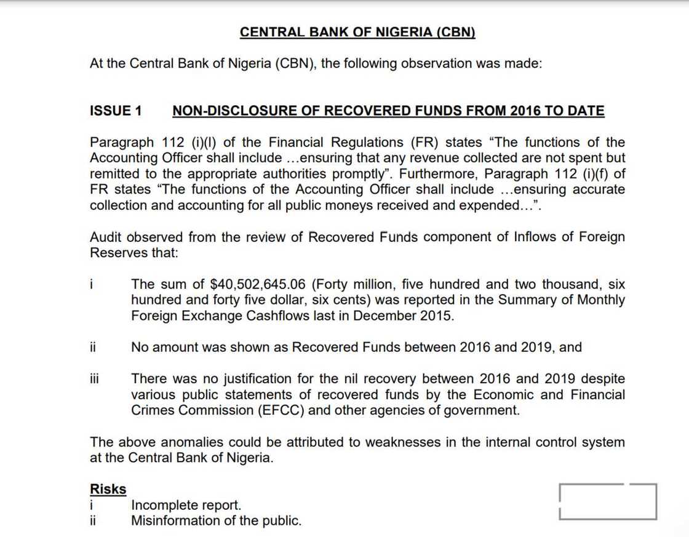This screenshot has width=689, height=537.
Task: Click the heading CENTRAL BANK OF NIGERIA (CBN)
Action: click(x=357, y=32)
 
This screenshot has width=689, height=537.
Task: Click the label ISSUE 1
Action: click(x=116, y=111)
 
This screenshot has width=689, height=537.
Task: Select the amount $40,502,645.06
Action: click(x=258, y=284)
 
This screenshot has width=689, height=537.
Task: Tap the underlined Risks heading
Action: click(x=108, y=490)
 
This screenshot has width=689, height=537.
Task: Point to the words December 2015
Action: click(x=405, y=316)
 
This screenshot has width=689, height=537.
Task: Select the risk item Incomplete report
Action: click(x=186, y=506)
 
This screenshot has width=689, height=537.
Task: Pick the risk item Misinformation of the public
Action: click(x=216, y=521)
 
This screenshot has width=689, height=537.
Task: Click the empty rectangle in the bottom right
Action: click(x=608, y=501)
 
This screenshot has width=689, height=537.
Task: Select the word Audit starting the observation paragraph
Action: click(x=106, y=237)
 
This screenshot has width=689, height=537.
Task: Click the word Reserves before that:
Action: click(x=118, y=253)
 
